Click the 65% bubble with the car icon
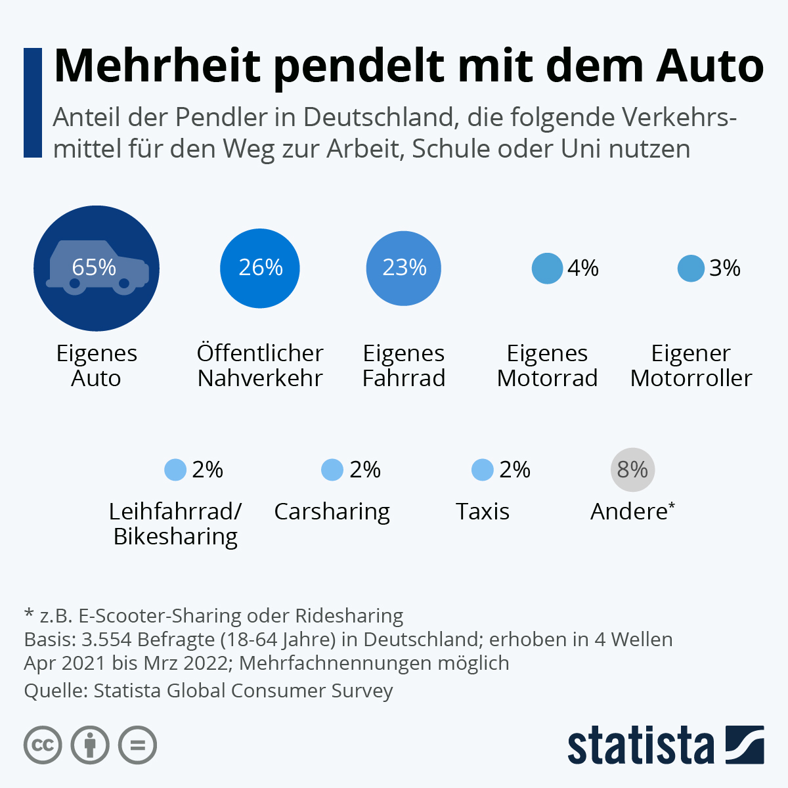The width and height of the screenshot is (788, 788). point(97,268)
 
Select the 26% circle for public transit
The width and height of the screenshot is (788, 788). point(260,268)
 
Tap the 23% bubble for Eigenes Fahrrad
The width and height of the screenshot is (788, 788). point(403,268)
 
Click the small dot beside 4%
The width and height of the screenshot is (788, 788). point(547,268)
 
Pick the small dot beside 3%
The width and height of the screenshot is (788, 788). point(691,268)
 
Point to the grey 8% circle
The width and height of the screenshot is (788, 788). point(632,470)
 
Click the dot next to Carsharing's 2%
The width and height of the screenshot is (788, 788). point(332,470)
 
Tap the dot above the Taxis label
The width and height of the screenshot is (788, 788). point(483,470)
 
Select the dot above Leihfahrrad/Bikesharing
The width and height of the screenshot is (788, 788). point(175,470)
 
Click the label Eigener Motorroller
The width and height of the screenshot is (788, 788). point(691,366)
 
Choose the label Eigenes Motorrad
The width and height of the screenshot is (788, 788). point(547,366)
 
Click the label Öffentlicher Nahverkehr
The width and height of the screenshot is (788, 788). point(260,366)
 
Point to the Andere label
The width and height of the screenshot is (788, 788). point(629,512)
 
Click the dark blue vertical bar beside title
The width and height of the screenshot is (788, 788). point(33,102)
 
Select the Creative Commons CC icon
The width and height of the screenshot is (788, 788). point(43,745)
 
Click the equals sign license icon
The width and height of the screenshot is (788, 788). point(138,745)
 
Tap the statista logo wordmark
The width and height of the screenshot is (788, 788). point(640,745)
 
